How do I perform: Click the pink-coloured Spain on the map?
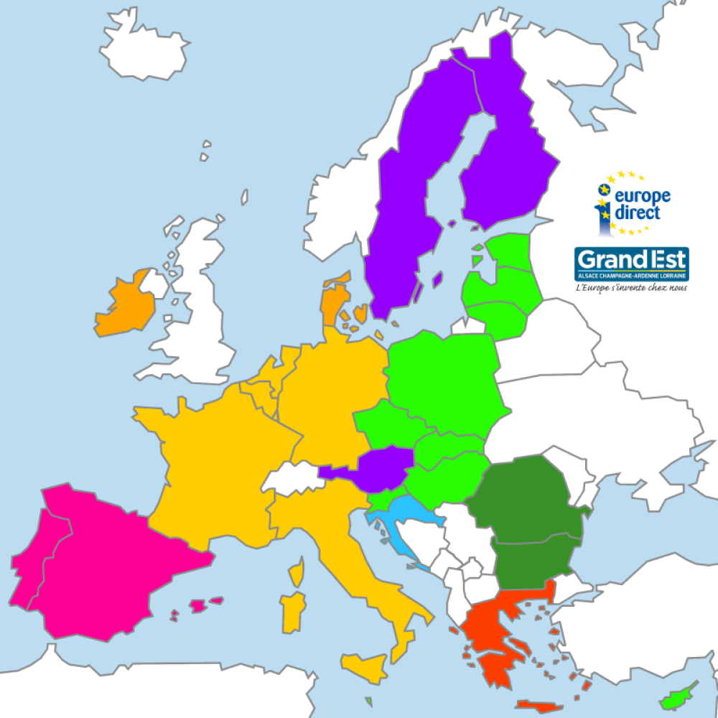point(108,567)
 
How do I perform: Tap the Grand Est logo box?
point(631,264)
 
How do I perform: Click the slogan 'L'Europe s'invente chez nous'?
point(631,287)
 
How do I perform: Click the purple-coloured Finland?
point(506,158)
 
